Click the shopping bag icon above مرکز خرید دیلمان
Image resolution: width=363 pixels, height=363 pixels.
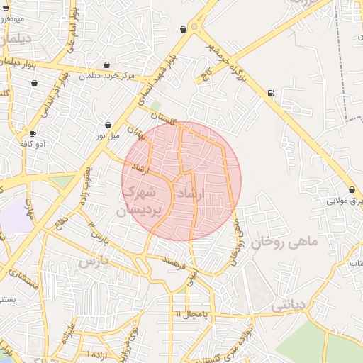pyautogui.click(x=106, y=65)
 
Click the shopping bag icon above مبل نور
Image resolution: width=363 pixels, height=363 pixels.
pyautogui.click(x=108, y=125)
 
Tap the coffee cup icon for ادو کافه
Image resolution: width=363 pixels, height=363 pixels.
pyautogui.click(x=33, y=133)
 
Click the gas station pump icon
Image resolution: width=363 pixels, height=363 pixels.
pyautogui.click(x=271, y=93)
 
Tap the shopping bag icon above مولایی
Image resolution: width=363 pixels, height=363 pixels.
pyautogui.click(x=352, y=189)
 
